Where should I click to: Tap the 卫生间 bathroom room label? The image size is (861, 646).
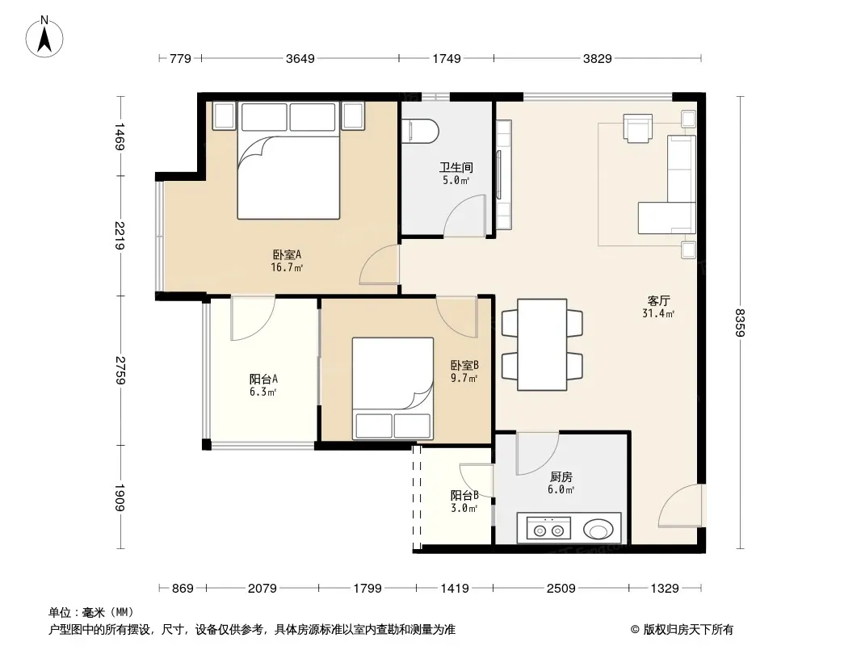tap(456, 167)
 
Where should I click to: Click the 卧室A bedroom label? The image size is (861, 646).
tap(288, 254)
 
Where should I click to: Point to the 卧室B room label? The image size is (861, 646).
tap(464, 365)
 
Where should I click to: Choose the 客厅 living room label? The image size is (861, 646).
tap(658, 300)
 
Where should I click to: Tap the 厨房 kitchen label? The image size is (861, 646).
tap(561, 477)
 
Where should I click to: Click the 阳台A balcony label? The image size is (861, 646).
tap(263, 379)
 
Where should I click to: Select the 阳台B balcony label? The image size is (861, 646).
tap(464, 495)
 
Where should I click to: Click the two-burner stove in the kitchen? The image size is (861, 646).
tap(548, 528)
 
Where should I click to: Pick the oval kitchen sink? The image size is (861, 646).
tap(598, 531)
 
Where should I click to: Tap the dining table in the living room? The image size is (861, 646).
tap(542, 345)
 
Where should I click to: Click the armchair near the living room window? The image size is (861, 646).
tap(638, 128)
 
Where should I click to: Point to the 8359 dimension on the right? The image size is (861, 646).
tap(741, 323)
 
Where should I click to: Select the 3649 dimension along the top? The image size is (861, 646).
tap(300, 58)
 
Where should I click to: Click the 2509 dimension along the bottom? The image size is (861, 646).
tap(561, 589)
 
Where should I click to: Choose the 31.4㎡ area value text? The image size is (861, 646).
tap(658, 314)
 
